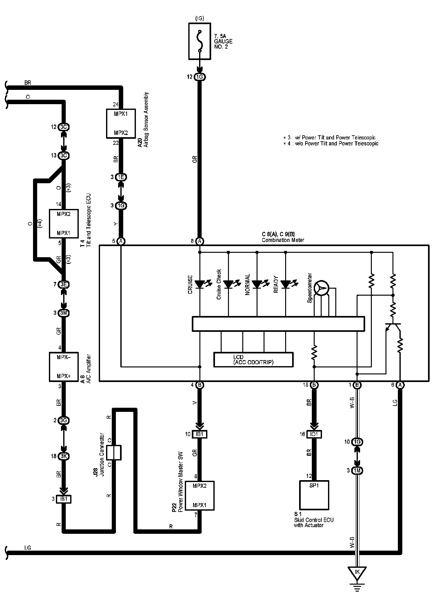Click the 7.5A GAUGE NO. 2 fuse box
(x=199, y=41)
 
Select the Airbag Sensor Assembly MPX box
(x=121, y=124)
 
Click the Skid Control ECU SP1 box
(x=314, y=495)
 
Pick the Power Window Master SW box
(x=199, y=496)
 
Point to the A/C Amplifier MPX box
(x=64, y=366)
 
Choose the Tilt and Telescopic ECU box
(x=64, y=224)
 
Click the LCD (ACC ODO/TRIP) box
(x=253, y=359)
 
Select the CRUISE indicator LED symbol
(x=200, y=284)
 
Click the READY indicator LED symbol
(x=285, y=284)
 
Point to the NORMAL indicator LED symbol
(x=257, y=284)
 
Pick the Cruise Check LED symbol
(x=228, y=284)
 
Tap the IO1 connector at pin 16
(x=314, y=434)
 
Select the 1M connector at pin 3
(x=357, y=470)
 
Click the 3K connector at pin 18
(x=64, y=456)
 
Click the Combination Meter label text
(x=283, y=240)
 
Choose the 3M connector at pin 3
(x=64, y=313)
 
